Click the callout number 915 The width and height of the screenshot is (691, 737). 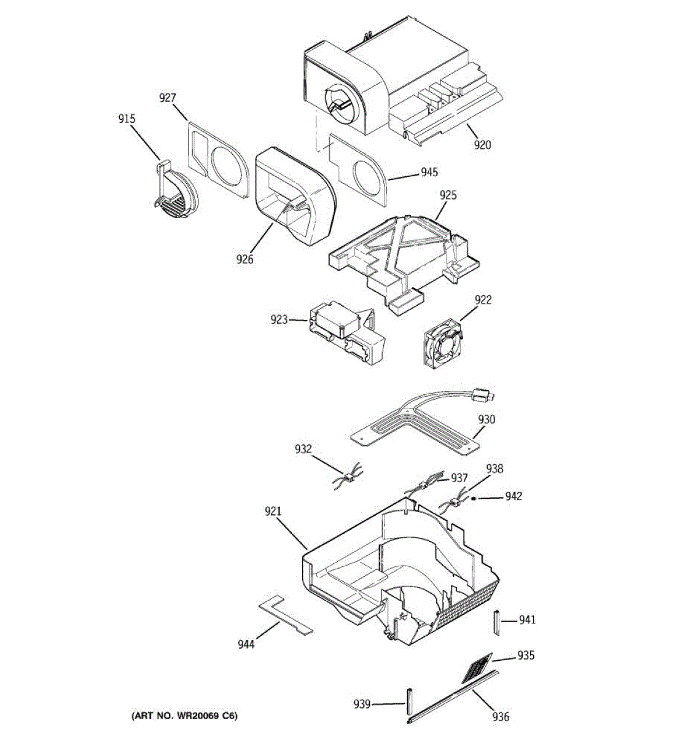127,119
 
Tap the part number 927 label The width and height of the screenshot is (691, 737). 168,98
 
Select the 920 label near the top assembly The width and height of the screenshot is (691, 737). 482,145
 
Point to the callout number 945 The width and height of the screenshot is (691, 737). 429,173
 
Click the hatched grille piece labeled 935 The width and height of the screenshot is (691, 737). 477,668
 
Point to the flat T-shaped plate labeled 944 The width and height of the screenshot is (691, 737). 284,614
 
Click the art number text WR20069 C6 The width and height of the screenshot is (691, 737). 184,716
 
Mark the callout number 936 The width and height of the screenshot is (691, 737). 501,716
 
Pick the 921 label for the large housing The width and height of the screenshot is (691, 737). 273,511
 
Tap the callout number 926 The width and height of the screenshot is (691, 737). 244,259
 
